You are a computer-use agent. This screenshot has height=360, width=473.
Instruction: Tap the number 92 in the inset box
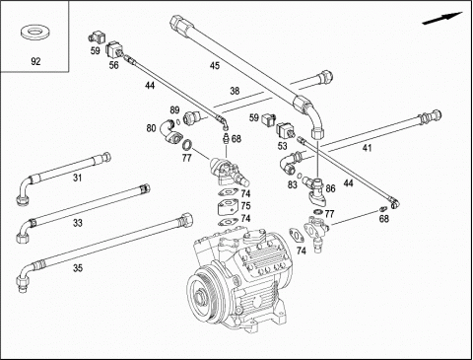click(x=35, y=61)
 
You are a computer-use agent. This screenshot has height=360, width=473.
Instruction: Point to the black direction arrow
click(x=441, y=19)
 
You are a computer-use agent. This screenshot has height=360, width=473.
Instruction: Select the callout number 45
click(x=215, y=66)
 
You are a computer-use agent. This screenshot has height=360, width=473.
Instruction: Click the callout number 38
click(x=235, y=91)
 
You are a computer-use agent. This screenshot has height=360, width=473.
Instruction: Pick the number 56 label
click(x=113, y=65)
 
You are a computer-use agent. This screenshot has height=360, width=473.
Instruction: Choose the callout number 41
click(x=367, y=148)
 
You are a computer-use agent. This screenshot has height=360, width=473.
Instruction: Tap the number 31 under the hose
click(x=77, y=178)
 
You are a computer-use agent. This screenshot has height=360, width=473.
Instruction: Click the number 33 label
click(x=77, y=223)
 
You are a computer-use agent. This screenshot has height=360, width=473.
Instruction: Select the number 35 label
click(x=78, y=268)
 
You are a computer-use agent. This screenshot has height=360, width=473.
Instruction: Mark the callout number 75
click(x=245, y=206)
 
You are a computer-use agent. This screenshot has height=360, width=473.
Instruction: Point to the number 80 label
click(x=151, y=128)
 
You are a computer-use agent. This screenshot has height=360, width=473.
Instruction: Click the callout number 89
click(x=174, y=109)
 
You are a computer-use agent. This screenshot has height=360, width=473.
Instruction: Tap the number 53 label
click(x=282, y=146)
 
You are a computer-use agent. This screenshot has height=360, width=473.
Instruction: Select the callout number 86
click(x=330, y=188)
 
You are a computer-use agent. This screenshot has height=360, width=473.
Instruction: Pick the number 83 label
click(x=293, y=184)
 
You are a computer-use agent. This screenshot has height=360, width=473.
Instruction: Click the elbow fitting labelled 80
click(x=169, y=132)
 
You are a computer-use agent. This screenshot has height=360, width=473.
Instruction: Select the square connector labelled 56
click(x=114, y=49)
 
